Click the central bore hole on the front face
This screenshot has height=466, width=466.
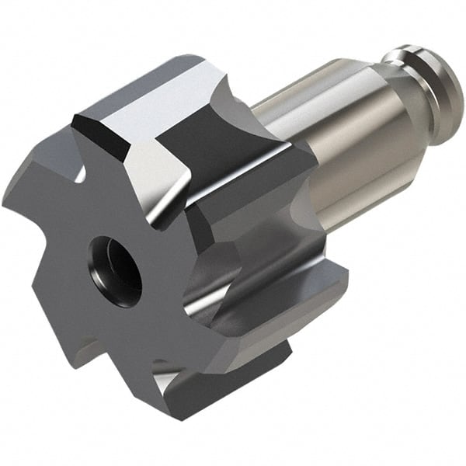coord(115,272)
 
